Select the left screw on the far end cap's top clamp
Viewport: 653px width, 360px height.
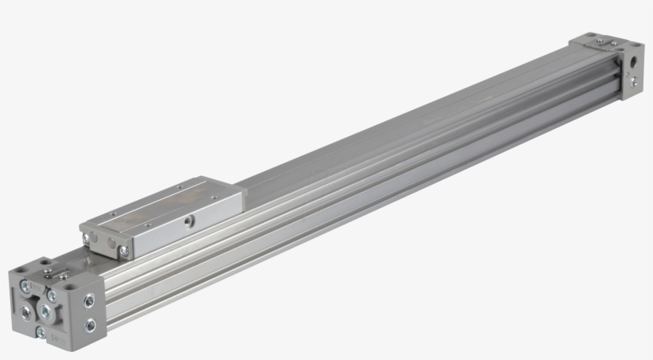600,41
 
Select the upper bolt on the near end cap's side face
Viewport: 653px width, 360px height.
88,300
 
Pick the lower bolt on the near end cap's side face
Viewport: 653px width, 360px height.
89,323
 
